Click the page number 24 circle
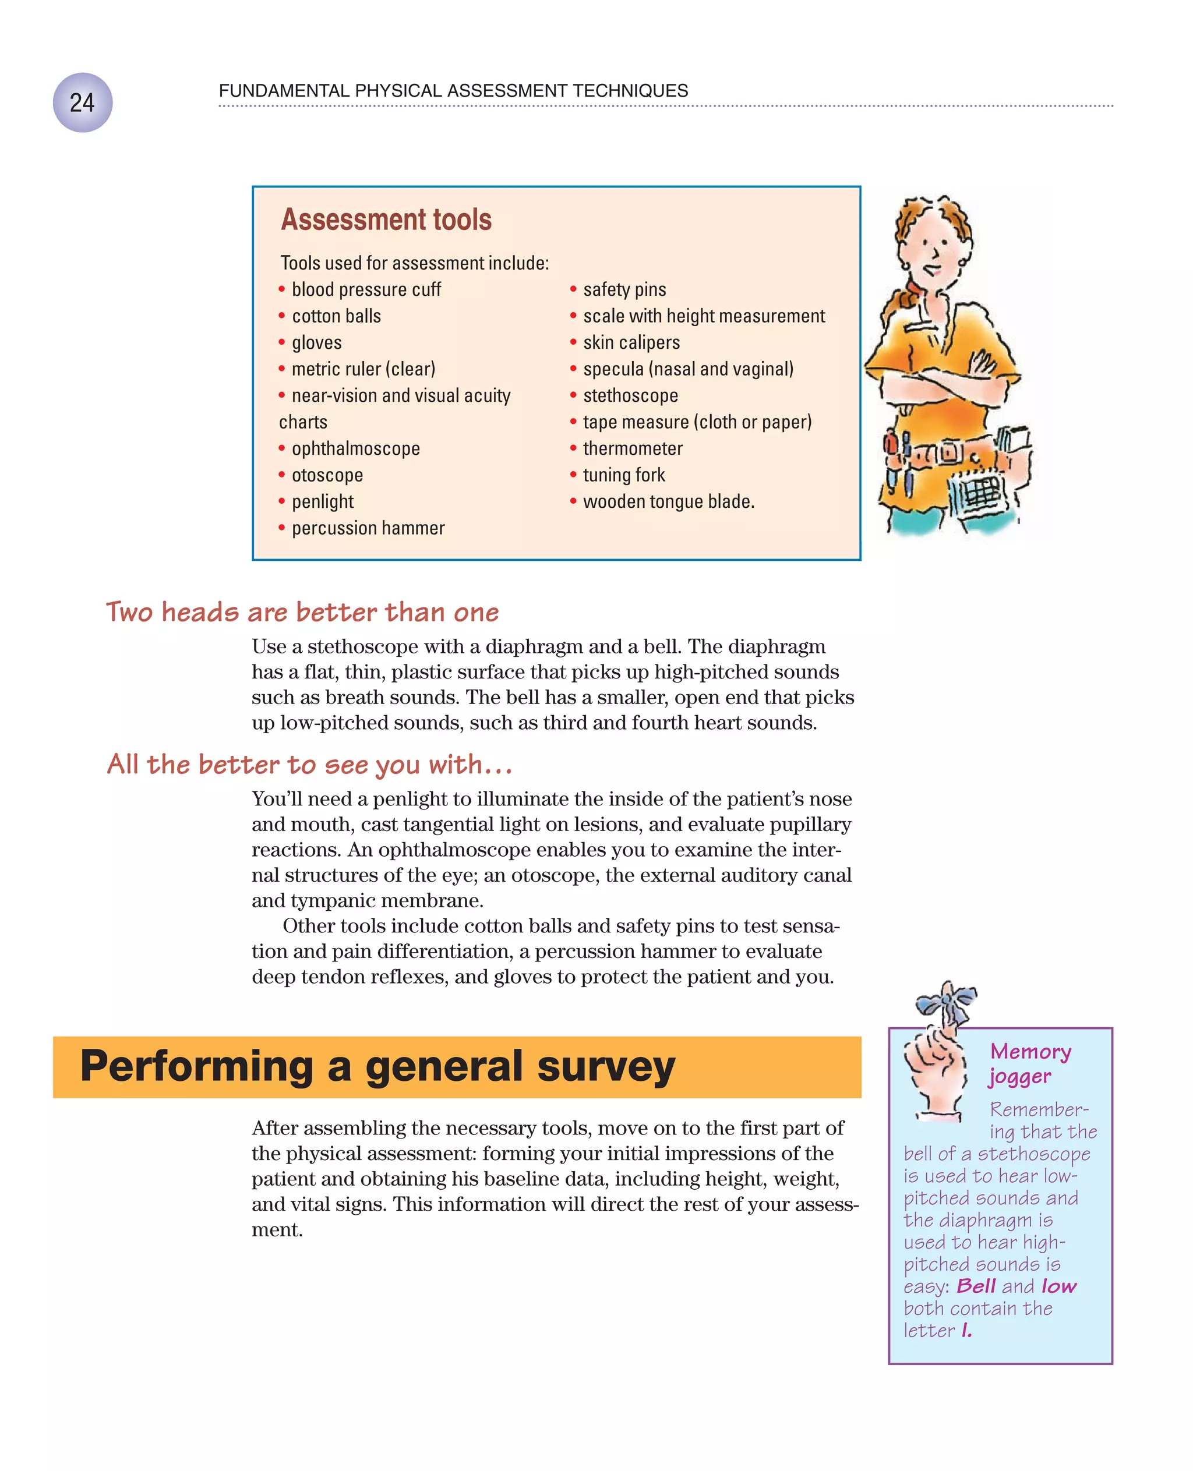coord(83,102)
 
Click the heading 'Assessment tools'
coord(386,220)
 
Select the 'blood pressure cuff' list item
coord(366,290)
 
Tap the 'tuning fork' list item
coord(623,475)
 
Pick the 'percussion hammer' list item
coord(368,528)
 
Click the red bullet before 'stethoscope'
coord(573,396)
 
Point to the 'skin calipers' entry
coord(631,343)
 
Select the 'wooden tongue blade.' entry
coord(668,502)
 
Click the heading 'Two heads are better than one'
coord(302,612)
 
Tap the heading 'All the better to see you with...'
coord(309,765)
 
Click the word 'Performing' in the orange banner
coord(196,1067)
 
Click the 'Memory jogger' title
coord(1029,1063)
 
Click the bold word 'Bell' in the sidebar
coord(975,1286)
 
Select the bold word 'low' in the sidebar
coord(1058,1286)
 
